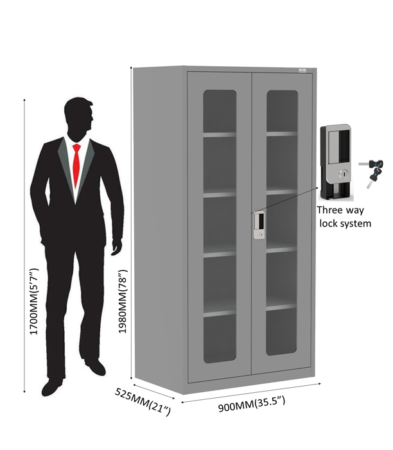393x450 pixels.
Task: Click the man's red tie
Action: [76, 164]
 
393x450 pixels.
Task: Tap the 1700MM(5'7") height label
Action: [34, 301]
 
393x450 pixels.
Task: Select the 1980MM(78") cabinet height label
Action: [123, 301]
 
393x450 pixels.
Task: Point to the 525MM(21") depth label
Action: [143, 401]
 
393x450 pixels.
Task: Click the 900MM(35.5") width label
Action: [252, 404]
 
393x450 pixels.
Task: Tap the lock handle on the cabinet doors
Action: [259, 225]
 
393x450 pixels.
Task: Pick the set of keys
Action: [371, 172]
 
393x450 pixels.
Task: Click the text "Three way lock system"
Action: [344, 217]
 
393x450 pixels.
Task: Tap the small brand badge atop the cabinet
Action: [302, 70]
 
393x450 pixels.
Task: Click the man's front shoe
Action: [53, 388]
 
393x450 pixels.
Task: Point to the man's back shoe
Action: [96, 367]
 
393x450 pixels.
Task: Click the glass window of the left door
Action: [220, 226]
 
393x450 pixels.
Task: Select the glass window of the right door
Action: [282, 223]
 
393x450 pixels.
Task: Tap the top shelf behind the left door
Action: [220, 134]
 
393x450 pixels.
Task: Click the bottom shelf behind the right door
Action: [281, 307]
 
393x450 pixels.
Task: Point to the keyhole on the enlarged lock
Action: [343, 173]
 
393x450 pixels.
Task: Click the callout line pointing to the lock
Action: [284, 200]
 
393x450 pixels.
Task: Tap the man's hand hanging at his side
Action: [117, 247]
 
